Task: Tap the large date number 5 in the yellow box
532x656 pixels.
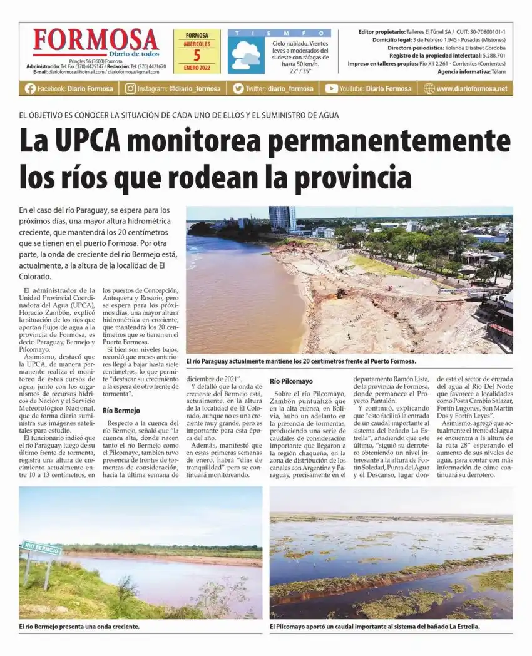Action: [197, 56]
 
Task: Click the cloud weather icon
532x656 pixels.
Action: [246, 56]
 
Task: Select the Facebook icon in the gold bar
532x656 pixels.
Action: [30, 88]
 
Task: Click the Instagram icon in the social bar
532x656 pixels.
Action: [130, 88]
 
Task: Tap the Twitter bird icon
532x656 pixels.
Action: [238, 88]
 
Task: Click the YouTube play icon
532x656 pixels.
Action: [331, 88]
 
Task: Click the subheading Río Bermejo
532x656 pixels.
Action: [121, 411]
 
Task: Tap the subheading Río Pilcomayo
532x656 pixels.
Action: [291, 381]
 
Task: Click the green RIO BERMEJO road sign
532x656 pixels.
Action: [42, 548]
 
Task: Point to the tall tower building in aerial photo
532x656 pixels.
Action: [282, 218]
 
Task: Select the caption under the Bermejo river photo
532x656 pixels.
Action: [79, 626]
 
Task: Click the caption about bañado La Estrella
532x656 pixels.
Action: [374, 626]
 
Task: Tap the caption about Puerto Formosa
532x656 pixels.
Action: [301, 361]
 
